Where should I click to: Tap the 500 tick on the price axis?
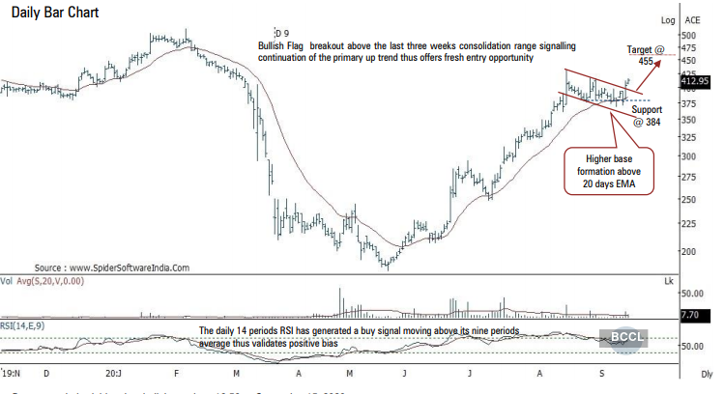click(x=688, y=36)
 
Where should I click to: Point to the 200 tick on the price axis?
click(x=688, y=251)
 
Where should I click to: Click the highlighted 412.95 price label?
click(x=695, y=80)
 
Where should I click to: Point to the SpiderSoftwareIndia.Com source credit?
click(x=112, y=267)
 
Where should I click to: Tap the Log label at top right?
click(x=668, y=19)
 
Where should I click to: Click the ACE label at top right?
click(x=693, y=19)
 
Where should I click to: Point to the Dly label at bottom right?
click(x=707, y=373)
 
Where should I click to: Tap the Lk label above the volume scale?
click(x=667, y=280)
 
